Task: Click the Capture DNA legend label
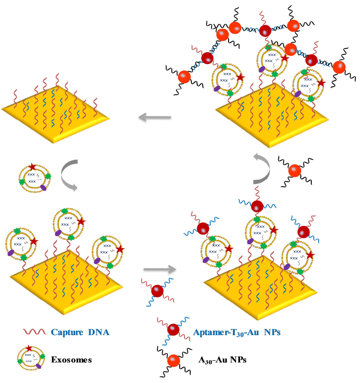[80, 332]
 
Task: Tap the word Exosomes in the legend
[71, 360]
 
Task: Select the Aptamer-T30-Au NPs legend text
[236, 332]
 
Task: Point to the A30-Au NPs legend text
[222, 360]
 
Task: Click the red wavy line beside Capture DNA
[34, 332]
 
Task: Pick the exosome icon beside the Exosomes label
[31, 358]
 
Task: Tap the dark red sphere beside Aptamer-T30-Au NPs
[173, 330]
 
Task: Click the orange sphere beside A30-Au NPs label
[174, 361]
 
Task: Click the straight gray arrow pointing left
[155, 117]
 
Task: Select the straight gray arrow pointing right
[160, 269]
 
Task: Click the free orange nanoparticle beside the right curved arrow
[295, 170]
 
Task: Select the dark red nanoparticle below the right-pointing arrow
[157, 291]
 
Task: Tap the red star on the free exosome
[32, 167]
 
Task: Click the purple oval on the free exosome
[43, 188]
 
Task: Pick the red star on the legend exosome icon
[29, 348]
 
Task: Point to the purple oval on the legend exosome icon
[38, 366]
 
